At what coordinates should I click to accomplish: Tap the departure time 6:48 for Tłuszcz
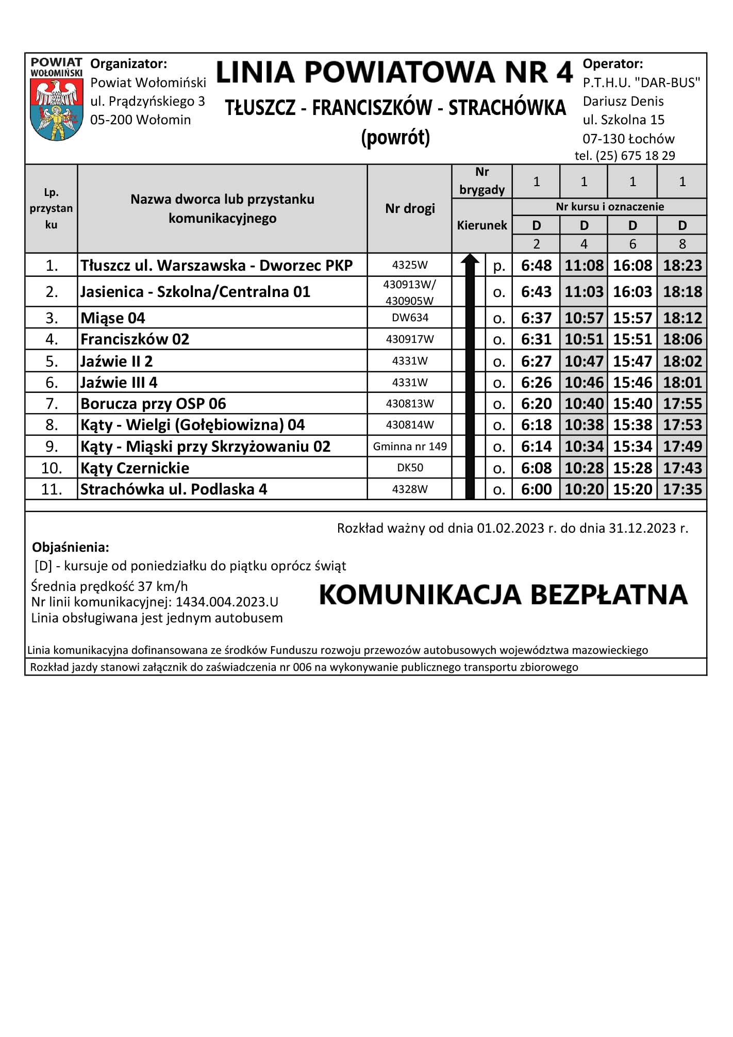click(x=536, y=265)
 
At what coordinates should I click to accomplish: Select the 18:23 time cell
click(x=682, y=265)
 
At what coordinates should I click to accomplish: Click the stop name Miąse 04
click(x=113, y=318)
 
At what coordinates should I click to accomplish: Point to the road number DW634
click(x=410, y=318)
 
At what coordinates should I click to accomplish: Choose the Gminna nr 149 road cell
click(x=410, y=446)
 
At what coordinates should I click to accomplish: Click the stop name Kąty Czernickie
click(x=135, y=468)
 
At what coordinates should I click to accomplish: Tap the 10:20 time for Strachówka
click(x=584, y=489)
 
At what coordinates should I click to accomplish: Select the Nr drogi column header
click(x=410, y=208)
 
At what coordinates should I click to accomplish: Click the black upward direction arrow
click(x=470, y=376)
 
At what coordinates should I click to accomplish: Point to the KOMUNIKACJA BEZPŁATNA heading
click(x=503, y=595)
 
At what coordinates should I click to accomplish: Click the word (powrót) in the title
click(x=395, y=137)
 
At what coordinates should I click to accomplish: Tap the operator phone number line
click(x=625, y=156)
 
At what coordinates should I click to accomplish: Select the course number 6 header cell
click(x=632, y=243)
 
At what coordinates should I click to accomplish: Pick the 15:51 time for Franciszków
click(x=632, y=339)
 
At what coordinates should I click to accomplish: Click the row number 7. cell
click(x=52, y=403)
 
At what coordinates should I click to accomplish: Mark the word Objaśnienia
click(x=71, y=547)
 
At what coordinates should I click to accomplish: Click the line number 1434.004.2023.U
click(x=227, y=602)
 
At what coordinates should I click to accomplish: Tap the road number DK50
click(x=410, y=468)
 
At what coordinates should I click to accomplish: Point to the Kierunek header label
click(x=482, y=225)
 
